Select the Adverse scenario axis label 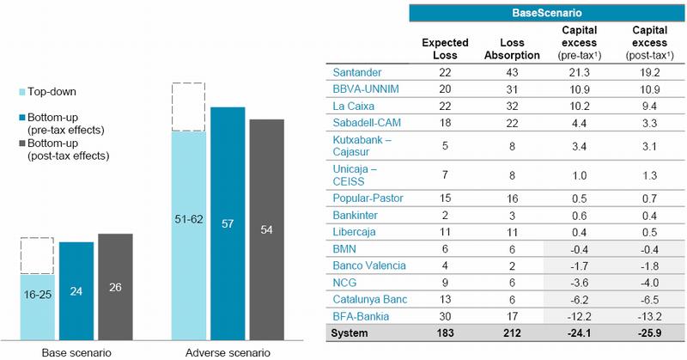tap(228, 352)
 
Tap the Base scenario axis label tap(77, 352)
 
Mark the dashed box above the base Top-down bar tap(38, 256)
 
